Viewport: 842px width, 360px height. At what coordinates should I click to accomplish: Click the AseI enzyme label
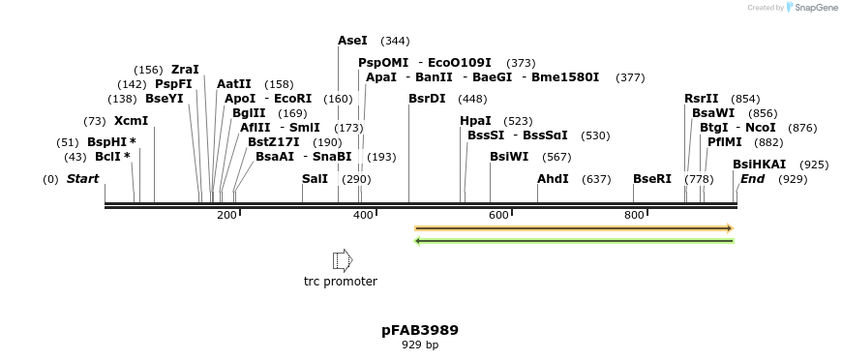[352, 41]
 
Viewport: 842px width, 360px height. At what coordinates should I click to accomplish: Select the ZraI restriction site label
[185, 70]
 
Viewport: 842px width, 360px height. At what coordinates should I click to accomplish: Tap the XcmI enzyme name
[131, 121]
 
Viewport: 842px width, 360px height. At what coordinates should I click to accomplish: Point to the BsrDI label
[427, 99]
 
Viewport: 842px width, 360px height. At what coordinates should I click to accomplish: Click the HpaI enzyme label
[475, 121]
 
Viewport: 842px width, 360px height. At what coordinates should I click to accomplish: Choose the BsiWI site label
[509, 157]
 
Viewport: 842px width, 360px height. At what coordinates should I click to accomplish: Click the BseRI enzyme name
[651, 179]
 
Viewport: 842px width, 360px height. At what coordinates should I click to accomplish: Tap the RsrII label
[702, 99]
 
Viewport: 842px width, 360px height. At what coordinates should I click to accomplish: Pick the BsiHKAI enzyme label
[759, 165]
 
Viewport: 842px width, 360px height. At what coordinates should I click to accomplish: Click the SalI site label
[315, 179]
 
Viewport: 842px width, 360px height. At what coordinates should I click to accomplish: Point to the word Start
[83, 179]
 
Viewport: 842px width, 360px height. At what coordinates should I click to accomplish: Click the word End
[753, 179]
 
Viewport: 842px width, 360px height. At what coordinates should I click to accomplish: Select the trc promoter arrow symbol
[343, 259]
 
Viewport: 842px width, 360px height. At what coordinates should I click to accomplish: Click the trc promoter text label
[341, 282]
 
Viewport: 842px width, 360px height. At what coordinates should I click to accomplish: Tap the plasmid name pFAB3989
[420, 330]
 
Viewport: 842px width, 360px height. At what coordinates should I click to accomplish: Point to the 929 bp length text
[420, 345]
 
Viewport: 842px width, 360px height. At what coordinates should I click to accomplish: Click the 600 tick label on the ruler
[499, 215]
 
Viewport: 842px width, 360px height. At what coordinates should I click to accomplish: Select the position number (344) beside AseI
[395, 42]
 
